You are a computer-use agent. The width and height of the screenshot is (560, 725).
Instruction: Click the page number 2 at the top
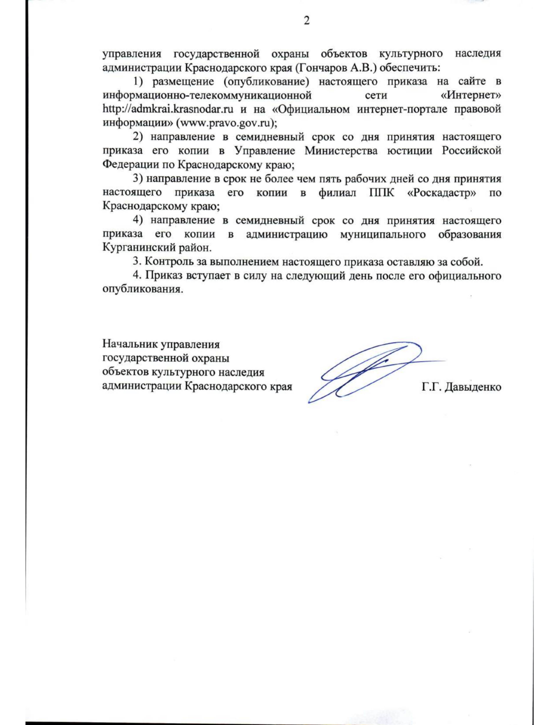307,21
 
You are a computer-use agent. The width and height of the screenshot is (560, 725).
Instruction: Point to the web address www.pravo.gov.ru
226,123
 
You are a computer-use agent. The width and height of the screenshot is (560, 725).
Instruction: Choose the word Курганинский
139,247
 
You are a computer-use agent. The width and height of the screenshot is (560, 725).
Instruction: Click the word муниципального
383,234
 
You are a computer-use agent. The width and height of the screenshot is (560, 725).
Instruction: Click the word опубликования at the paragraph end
141,289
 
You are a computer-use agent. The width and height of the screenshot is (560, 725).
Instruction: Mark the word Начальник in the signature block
130,345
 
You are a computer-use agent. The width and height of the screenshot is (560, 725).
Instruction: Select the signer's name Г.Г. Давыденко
461,387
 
